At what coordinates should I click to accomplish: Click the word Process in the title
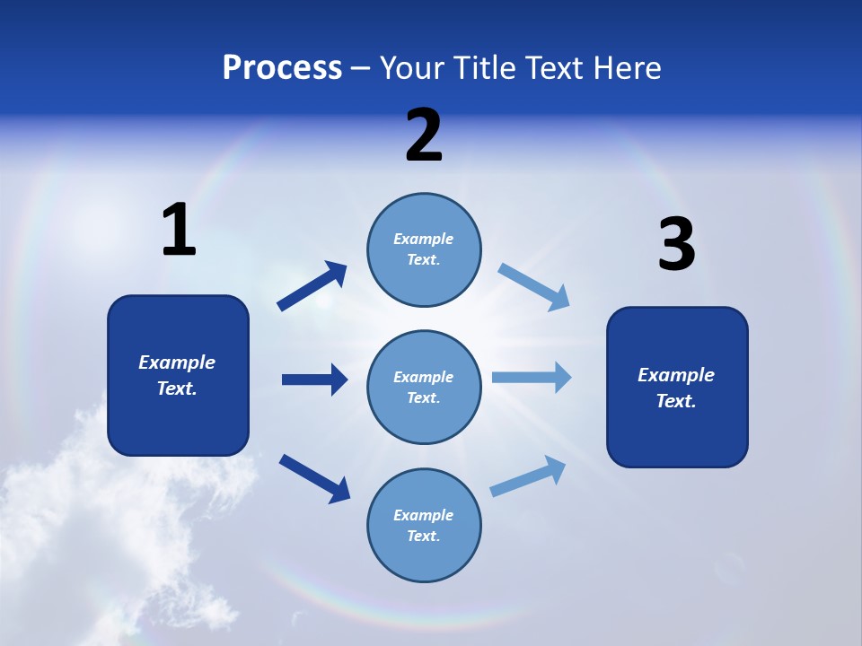pos(282,68)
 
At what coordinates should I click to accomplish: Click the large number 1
pos(179,231)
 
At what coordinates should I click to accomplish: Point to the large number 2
pos(424,135)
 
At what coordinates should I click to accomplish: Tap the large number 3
pos(676,245)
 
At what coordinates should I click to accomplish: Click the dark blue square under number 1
pos(178,375)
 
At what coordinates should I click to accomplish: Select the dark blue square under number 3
pos(677,387)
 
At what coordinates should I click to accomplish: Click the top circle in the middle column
pos(424,249)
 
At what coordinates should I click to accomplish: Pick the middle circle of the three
pos(424,387)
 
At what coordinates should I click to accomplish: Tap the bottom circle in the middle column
pos(424,525)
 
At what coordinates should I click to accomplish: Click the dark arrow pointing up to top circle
pos(312,286)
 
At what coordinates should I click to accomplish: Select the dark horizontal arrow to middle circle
pos(314,380)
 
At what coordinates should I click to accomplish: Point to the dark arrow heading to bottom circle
pos(314,478)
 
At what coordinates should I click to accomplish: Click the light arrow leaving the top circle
pos(533,286)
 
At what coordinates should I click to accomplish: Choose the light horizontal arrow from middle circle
pos(532,377)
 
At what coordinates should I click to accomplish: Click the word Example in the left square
pos(177,362)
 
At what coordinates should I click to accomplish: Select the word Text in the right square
pos(674,401)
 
